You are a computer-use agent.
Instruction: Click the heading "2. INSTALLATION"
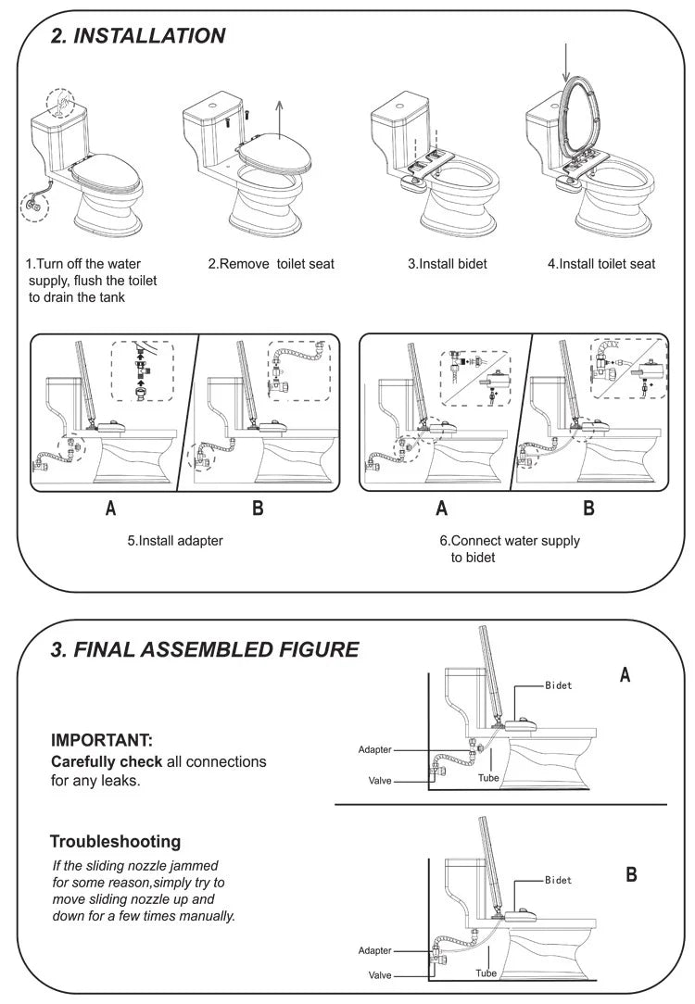[x=137, y=36]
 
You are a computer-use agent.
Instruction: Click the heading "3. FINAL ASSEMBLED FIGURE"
[x=204, y=649]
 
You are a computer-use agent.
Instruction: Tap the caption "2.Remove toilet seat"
[x=271, y=264]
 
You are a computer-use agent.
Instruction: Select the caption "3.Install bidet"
[x=448, y=264]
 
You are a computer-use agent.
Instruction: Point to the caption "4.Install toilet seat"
[x=600, y=264]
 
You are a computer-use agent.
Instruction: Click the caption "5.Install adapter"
[x=175, y=540]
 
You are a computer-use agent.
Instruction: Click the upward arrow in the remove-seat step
[x=279, y=118]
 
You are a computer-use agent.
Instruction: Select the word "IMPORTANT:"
[x=101, y=740]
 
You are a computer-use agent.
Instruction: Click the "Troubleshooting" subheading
[x=115, y=842]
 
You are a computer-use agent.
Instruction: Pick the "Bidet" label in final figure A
[x=558, y=685]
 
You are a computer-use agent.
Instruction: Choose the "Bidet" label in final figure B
[x=558, y=880]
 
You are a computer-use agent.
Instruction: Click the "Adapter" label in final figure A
[x=374, y=749]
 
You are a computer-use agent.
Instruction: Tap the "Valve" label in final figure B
[x=380, y=975]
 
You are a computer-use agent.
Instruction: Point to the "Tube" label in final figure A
[x=488, y=779]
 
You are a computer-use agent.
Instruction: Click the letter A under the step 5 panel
[x=111, y=508]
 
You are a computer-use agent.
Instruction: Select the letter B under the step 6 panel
[x=588, y=508]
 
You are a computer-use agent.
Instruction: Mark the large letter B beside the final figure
[x=631, y=874]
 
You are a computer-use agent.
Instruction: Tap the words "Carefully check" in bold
[x=107, y=761]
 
